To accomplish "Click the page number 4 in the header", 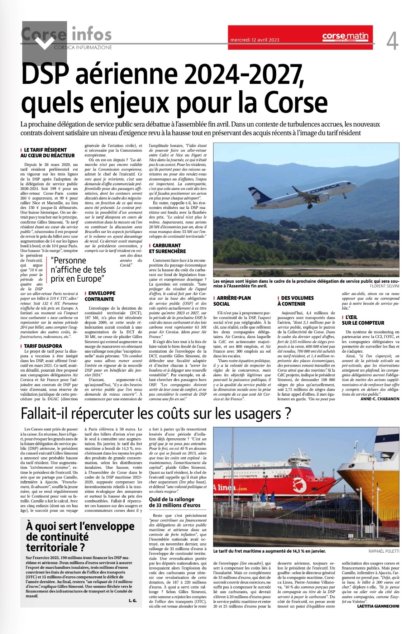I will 392,41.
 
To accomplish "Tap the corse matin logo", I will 345,36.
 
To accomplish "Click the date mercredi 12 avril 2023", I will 254,40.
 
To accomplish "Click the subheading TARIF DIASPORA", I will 43,346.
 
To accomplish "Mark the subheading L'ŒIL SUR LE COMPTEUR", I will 363,320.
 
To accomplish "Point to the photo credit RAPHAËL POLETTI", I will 383,551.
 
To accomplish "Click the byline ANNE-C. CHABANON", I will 380,399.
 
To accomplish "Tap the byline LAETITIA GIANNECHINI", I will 378,606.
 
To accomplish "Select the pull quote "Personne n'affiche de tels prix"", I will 78,270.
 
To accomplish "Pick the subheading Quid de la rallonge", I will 174,502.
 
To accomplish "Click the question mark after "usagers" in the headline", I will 287,414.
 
